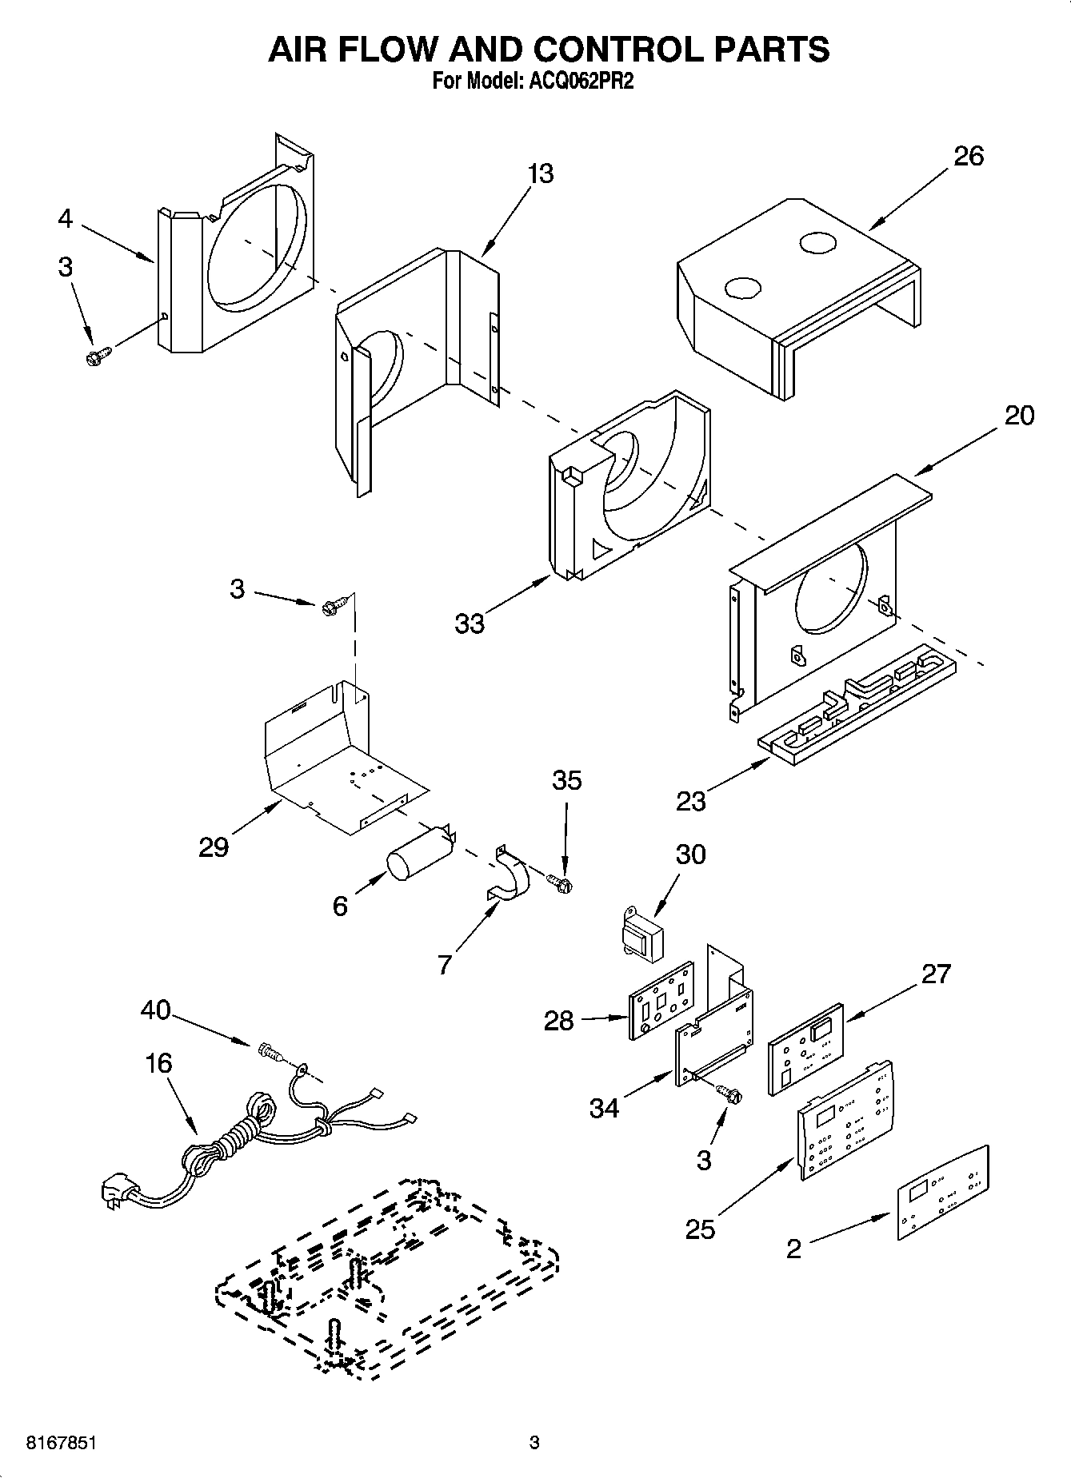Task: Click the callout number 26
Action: (x=968, y=156)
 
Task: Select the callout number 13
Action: (x=541, y=173)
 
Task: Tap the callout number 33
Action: (x=470, y=623)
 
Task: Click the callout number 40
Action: (x=155, y=1010)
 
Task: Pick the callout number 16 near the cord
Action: (x=159, y=1063)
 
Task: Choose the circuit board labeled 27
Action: (x=805, y=1049)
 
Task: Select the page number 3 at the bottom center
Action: (x=534, y=1443)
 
